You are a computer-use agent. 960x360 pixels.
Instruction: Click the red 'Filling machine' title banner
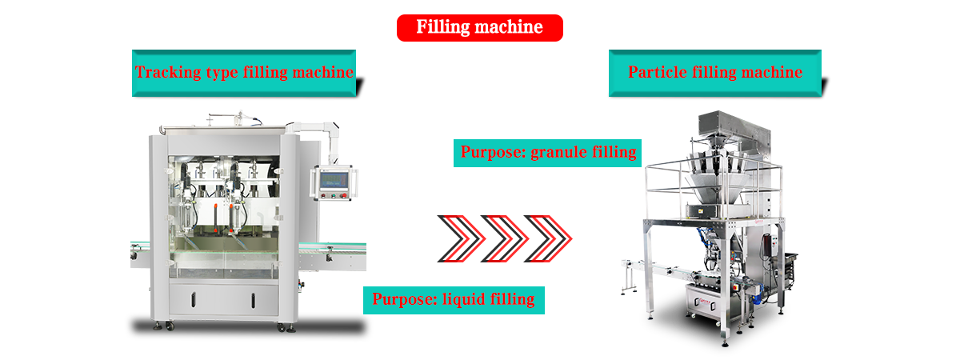tap(479, 27)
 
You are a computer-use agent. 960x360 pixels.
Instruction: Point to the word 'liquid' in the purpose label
tap(463, 300)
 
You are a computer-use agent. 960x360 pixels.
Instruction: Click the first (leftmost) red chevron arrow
tap(465, 238)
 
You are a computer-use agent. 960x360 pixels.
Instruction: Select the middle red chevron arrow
tap(508, 238)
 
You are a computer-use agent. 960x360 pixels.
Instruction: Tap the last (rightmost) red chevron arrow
tap(551, 238)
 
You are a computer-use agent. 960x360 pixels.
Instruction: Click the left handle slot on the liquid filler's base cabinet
tap(193, 302)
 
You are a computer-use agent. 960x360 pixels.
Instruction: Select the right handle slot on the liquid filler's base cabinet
tap(253, 302)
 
